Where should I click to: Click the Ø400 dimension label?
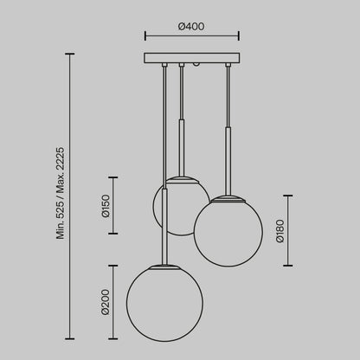[x=190, y=27]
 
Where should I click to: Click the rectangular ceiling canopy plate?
[x=191, y=59]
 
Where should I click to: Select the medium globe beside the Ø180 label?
[x=228, y=229]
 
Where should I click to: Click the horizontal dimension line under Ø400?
[x=191, y=37]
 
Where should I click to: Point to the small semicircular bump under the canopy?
[x=198, y=66]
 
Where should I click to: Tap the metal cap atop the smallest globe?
[x=181, y=178]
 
